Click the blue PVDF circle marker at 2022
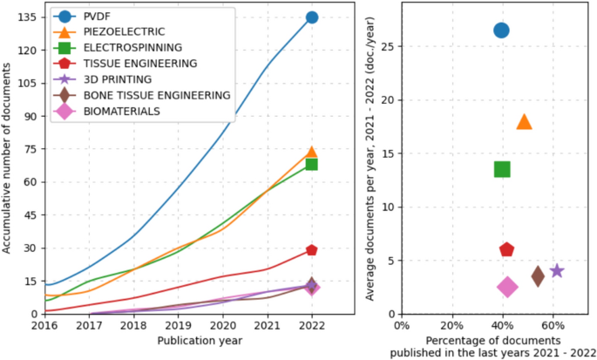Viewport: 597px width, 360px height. point(311,17)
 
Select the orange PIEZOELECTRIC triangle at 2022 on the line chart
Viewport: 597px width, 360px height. point(311,153)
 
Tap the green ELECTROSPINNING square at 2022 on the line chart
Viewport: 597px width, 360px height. point(311,164)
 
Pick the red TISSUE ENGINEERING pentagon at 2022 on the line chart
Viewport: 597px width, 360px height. point(311,250)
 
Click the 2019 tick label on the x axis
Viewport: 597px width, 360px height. point(179,325)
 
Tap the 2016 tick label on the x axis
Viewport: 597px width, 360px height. point(45,325)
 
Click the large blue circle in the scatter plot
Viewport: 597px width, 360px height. point(501,31)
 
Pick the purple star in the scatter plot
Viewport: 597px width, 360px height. point(557,271)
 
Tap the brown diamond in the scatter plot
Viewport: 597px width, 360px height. point(538,276)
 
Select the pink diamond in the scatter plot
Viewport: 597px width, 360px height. point(507,287)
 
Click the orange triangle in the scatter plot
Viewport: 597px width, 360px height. point(524,122)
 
